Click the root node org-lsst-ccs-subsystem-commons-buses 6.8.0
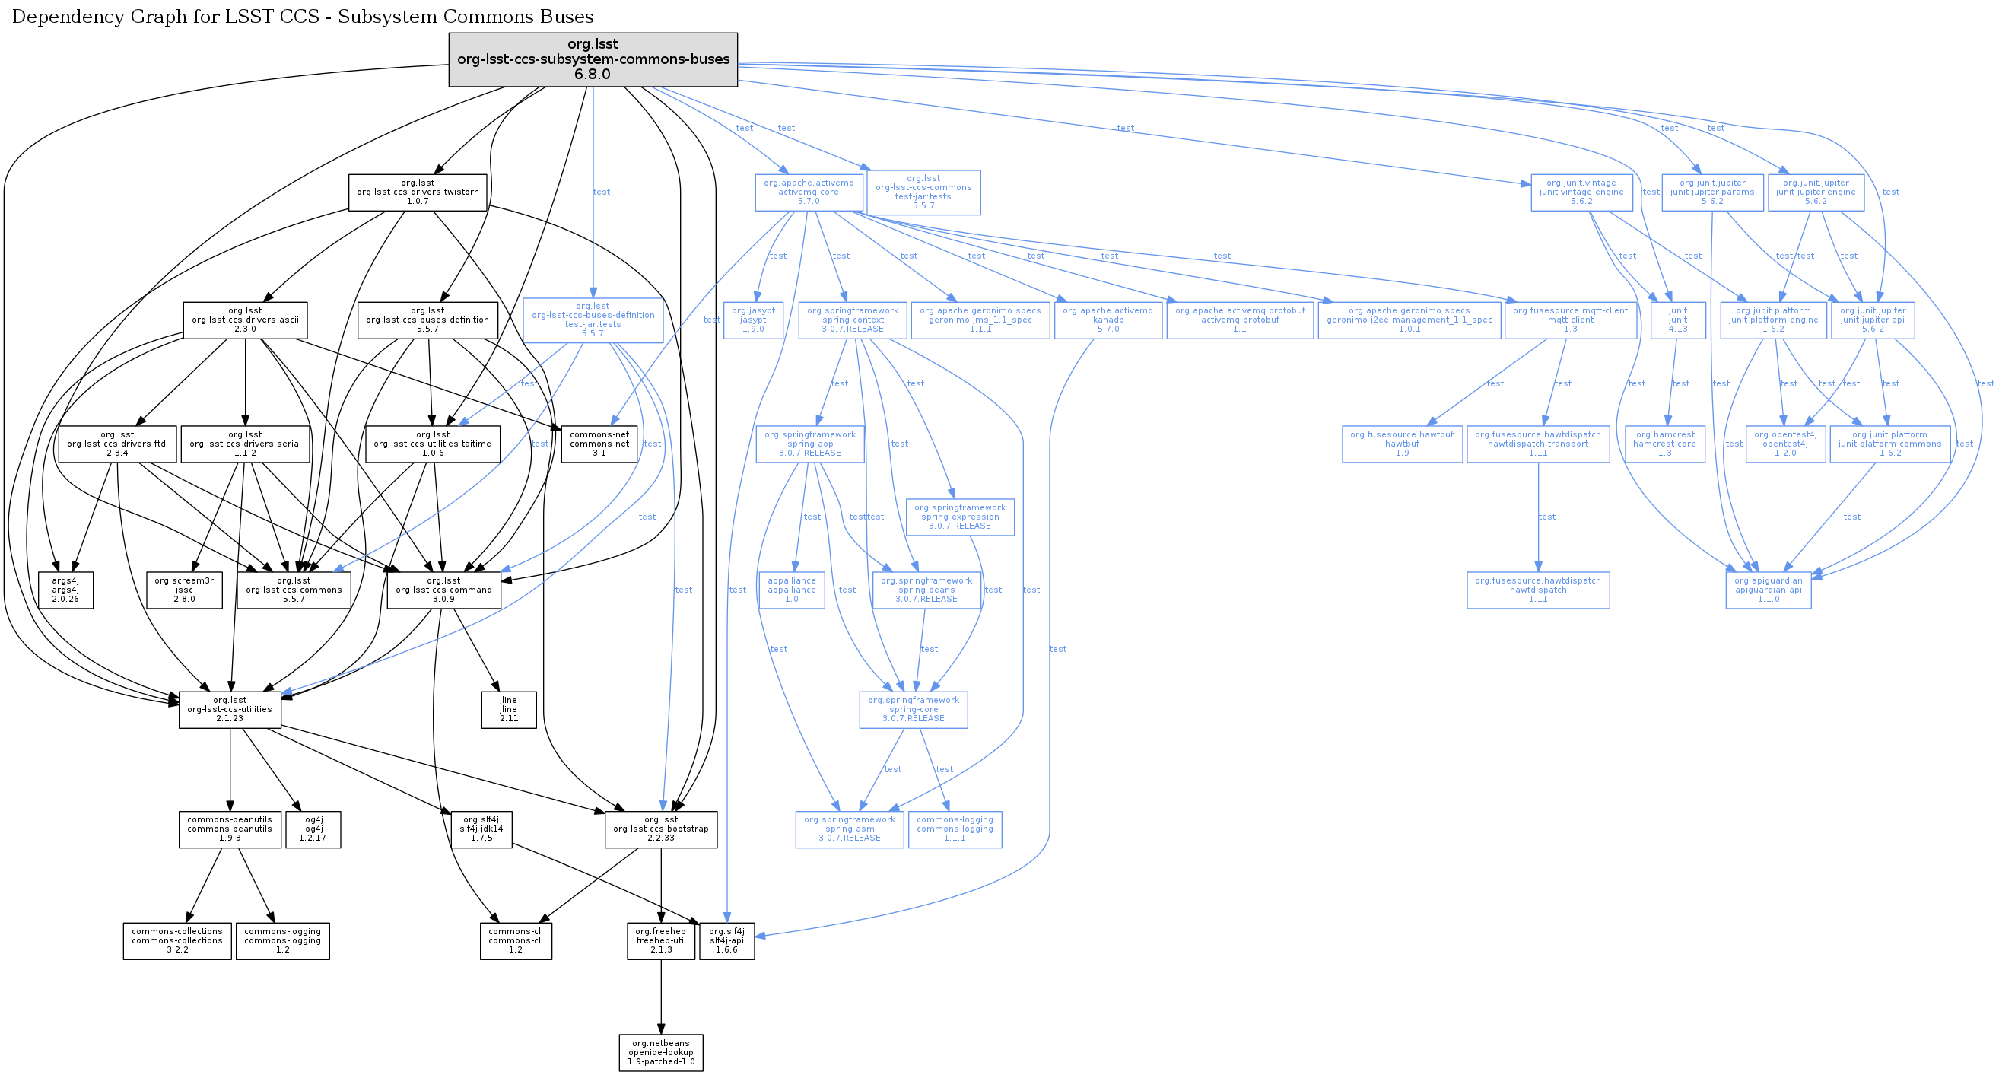[x=593, y=60]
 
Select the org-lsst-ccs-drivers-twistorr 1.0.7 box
[x=418, y=192]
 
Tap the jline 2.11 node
[x=508, y=709]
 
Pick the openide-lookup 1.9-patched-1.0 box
[x=660, y=1052]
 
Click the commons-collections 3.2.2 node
[x=177, y=941]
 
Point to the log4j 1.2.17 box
[x=313, y=829]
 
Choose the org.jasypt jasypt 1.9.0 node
[x=753, y=320]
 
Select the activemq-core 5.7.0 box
[x=809, y=192]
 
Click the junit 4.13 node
[x=1678, y=320]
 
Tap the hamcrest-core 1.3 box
[x=1664, y=444]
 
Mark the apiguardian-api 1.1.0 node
[x=1769, y=590]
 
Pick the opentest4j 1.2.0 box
[x=1784, y=444]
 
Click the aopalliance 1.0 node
[x=792, y=590]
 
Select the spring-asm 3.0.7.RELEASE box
[x=849, y=829]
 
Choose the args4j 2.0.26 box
[x=65, y=590]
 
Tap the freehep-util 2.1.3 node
[x=660, y=941]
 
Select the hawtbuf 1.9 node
[x=1401, y=444]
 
